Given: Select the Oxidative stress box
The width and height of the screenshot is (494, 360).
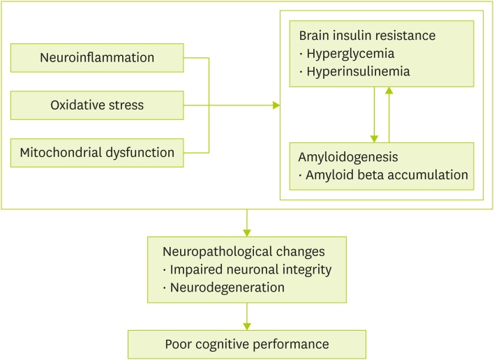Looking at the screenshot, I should pos(97,105).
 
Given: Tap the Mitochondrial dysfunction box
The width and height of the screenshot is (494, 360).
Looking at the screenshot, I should pos(97,152).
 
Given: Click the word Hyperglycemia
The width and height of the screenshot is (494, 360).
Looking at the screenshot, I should pos(341,54).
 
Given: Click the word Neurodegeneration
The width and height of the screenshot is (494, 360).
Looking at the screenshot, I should pos(225,287).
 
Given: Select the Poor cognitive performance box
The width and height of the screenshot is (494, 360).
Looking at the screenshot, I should pos(246,344).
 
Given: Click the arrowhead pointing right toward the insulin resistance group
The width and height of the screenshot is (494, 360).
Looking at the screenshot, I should pos(276,105).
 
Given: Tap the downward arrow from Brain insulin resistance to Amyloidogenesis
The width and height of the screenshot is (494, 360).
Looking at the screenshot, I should pos(375,137).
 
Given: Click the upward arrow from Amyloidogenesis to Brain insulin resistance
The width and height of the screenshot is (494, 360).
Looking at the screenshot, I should pos(389,91).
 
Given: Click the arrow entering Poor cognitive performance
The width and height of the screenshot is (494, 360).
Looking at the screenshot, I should pos(246,326).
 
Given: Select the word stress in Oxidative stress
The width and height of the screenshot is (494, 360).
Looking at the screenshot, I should pos(127,105).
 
